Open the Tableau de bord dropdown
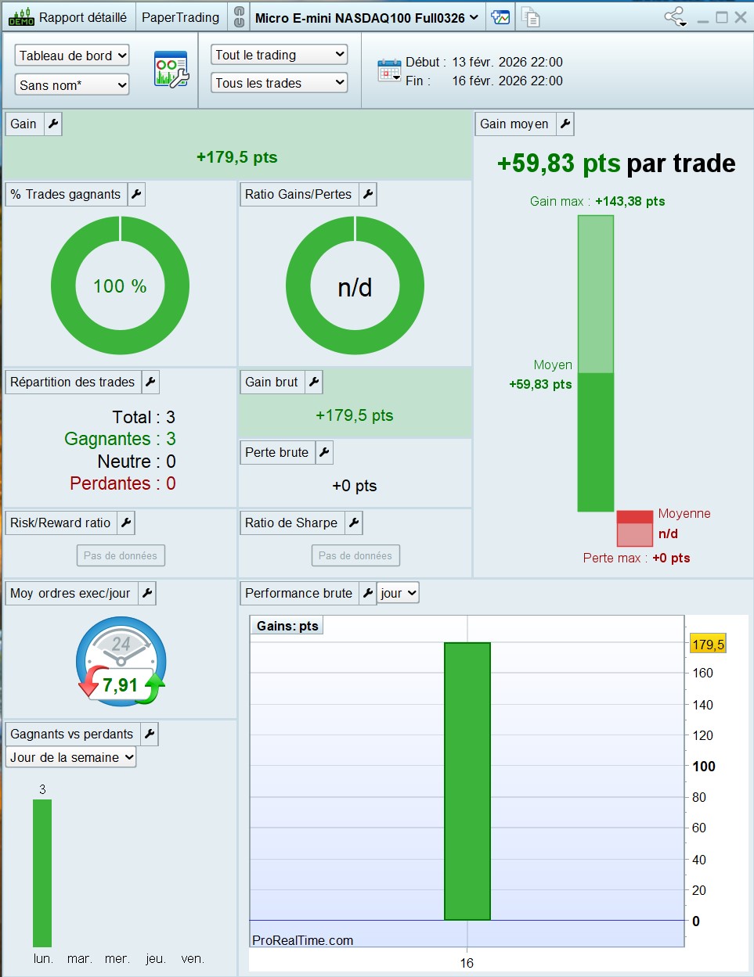point(72,56)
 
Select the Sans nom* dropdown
point(72,84)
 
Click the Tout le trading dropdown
point(279,55)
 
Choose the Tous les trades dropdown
point(279,83)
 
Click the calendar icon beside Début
point(389,70)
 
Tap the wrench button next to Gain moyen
point(565,124)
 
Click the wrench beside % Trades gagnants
point(136,194)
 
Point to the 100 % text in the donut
point(120,286)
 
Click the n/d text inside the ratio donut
point(355,287)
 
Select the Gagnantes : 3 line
point(120,439)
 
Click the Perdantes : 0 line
point(123,483)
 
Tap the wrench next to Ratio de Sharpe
point(354,523)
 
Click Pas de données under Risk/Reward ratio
point(121,555)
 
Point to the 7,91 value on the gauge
point(120,685)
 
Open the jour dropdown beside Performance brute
point(398,593)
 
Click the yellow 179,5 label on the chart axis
point(708,645)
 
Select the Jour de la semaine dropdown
point(70,757)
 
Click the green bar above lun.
point(42,873)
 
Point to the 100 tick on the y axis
point(704,766)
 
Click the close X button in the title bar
point(741,17)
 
